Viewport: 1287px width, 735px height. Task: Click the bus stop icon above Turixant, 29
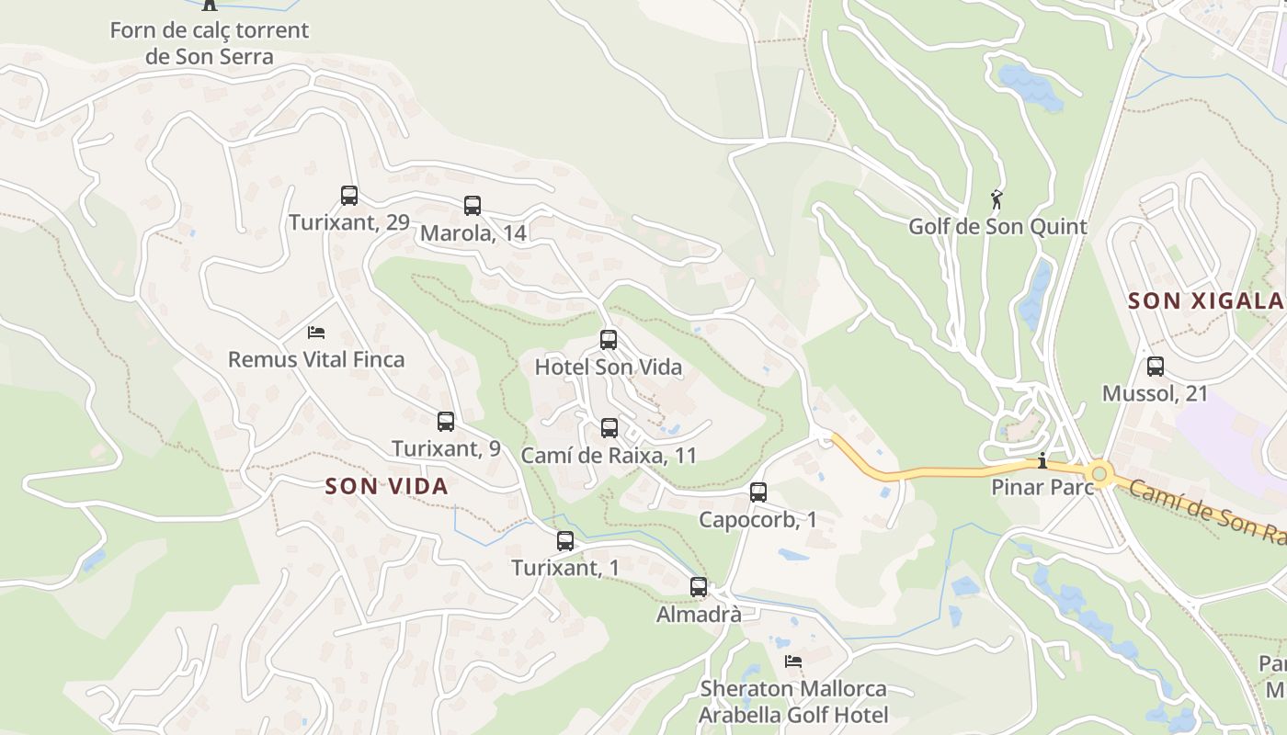point(349,195)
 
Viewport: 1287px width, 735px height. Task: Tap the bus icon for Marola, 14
point(473,206)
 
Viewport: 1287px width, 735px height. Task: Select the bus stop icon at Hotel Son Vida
point(609,340)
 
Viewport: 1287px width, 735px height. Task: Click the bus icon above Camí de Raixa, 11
point(609,427)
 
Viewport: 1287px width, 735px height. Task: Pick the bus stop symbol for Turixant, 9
point(446,422)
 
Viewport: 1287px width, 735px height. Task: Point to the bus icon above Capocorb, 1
point(758,492)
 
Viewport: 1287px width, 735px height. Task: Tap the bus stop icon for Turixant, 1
point(565,541)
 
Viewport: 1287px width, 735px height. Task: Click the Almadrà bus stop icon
point(699,586)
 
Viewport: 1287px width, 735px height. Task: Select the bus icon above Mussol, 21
point(1156,367)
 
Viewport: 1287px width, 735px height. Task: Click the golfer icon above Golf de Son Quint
point(997,198)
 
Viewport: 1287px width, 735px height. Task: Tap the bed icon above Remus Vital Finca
point(316,332)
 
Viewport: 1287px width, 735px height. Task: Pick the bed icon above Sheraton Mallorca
point(793,661)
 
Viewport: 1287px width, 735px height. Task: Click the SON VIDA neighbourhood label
point(387,486)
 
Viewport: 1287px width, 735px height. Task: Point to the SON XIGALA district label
point(1205,300)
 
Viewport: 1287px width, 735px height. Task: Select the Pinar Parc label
point(1042,487)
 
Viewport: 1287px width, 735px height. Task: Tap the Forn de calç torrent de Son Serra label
point(210,43)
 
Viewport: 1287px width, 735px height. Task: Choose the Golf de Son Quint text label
point(997,226)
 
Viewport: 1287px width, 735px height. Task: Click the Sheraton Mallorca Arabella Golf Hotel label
point(793,702)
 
